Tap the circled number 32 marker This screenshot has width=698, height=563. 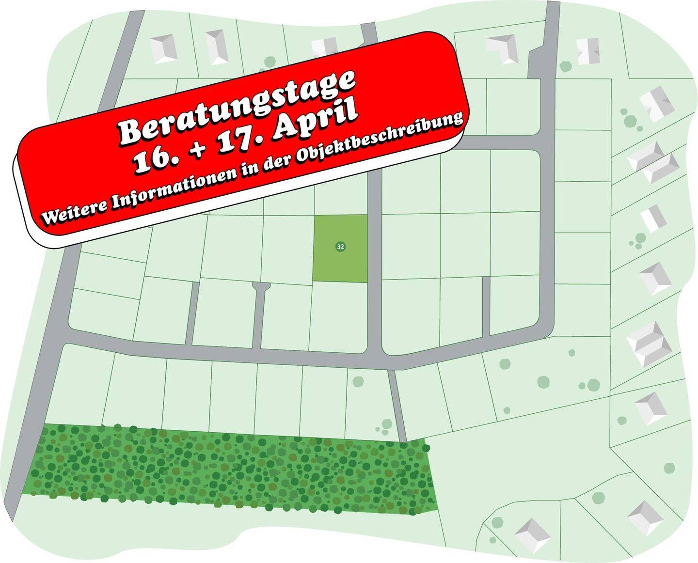coord(340,247)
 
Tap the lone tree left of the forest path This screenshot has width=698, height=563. coord(358,381)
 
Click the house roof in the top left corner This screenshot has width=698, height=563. coord(163,47)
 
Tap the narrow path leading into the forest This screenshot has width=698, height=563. coord(397,405)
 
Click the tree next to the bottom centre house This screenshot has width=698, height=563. coord(497,523)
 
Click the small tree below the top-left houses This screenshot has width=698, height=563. coord(270,62)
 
